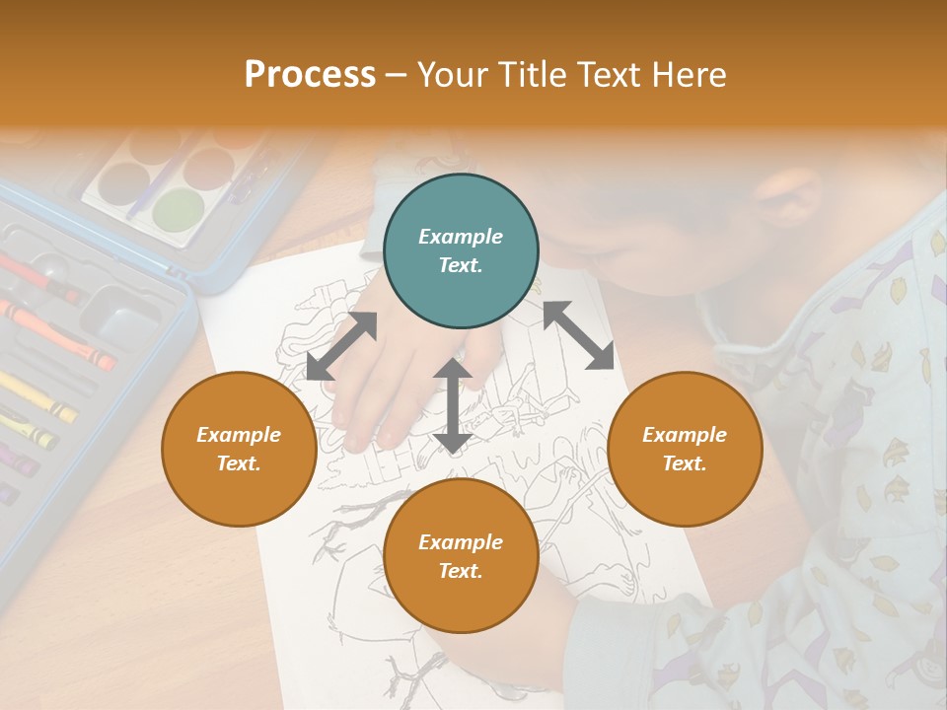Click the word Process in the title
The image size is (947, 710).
pos(310,75)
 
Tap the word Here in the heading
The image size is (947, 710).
pos(690,75)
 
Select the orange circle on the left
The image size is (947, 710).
pos(239,449)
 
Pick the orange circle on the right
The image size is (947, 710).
pos(685,449)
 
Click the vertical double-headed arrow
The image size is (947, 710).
pos(452,405)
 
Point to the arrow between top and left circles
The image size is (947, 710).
pos(341,345)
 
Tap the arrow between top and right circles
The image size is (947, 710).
pos(578,335)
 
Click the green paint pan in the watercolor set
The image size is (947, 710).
pos(178,210)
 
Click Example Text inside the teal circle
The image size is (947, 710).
pos(461,250)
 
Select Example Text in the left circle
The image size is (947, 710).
pos(239,449)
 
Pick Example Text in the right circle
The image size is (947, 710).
pos(685,449)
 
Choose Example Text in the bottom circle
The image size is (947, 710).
pos(461,556)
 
